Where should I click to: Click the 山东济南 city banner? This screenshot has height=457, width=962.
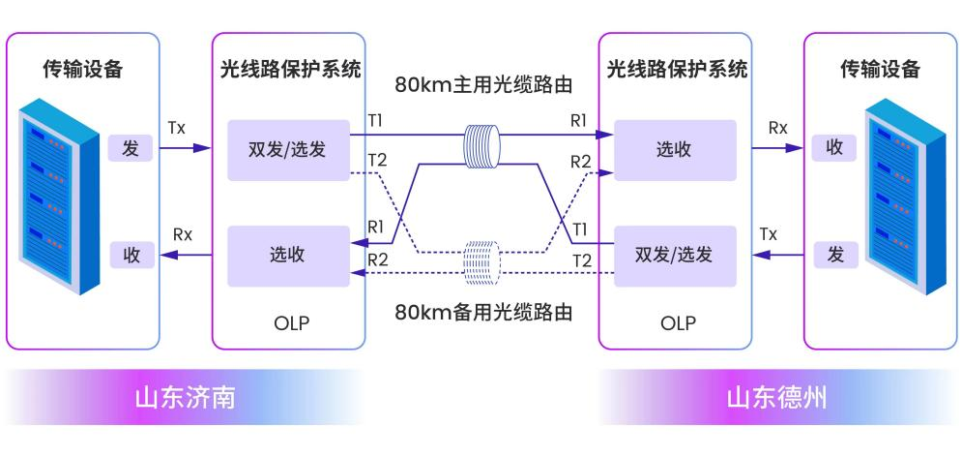tap(184, 398)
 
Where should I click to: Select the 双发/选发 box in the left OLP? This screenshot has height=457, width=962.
tap(287, 150)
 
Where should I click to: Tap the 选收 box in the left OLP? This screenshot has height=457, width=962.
tap(287, 256)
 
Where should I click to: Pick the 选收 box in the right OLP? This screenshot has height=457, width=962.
tap(674, 150)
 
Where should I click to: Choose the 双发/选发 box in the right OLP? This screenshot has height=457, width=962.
tap(674, 256)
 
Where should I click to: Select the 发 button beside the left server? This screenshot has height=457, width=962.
tap(131, 149)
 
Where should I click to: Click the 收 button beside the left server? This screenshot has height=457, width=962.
tap(131, 256)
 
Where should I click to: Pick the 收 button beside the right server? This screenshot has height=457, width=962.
tap(834, 149)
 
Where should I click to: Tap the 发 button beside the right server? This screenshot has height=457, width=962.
tap(834, 256)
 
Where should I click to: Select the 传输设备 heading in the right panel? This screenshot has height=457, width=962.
tap(880, 70)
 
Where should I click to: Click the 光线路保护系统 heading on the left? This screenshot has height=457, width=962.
tap(290, 70)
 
